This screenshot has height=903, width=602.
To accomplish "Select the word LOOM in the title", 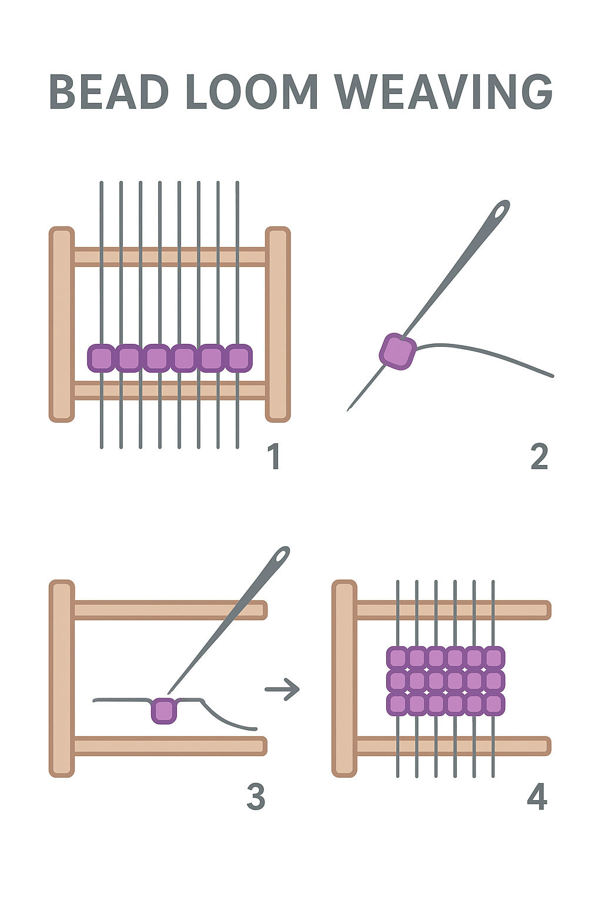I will click(x=252, y=92).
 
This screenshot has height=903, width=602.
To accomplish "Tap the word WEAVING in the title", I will click(x=444, y=92).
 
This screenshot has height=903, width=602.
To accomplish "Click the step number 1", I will click(x=274, y=457).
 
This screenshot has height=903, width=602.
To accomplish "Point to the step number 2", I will click(x=539, y=457).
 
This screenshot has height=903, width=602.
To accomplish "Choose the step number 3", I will click(x=256, y=797).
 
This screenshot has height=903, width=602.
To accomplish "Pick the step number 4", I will click(x=537, y=797).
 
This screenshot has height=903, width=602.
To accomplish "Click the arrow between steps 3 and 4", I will click(x=283, y=689).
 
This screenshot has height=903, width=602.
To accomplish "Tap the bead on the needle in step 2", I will click(x=398, y=351).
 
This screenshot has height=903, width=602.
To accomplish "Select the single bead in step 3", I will click(x=164, y=710).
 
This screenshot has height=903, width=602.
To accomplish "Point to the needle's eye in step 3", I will click(x=282, y=556).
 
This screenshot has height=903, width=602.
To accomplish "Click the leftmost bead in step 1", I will click(x=101, y=358).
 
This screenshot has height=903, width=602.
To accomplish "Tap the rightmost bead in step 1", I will click(x=239, y=358).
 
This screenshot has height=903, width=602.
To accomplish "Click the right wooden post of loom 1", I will click(x=277, y=324).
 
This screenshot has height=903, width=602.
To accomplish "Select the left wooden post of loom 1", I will click(x=62, y=324).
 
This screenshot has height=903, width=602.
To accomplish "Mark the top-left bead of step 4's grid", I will click(x=397, y=658).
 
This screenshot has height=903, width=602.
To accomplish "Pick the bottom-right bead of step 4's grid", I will click(x=494, y=704).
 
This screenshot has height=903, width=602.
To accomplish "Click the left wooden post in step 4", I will click(x=345, y=678).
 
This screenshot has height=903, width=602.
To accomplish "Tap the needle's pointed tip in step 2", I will click(x=349, y=409).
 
